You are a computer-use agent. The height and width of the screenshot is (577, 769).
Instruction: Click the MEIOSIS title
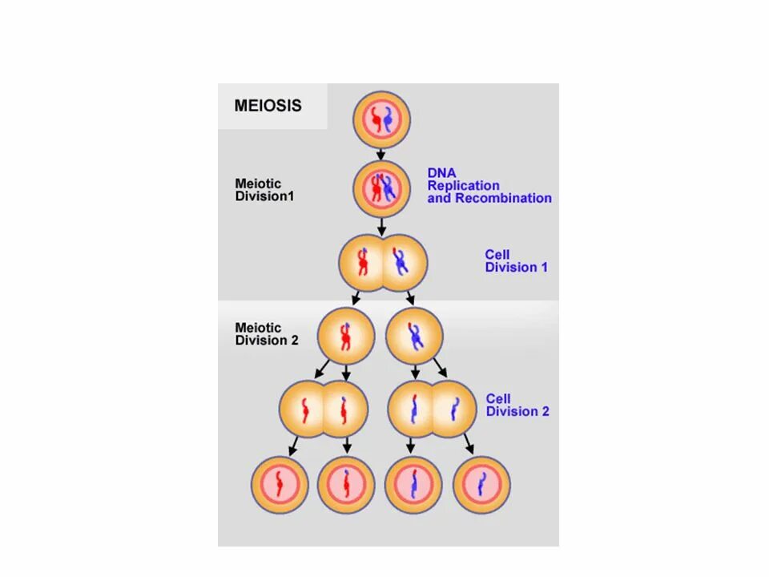point(268,106)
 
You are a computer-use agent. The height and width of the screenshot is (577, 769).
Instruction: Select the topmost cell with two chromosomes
point(381,119)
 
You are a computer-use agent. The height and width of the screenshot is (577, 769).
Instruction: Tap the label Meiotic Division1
point(264,190)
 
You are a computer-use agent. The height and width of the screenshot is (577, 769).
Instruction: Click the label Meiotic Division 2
point(267,333)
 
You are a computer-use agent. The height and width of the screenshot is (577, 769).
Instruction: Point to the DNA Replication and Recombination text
point(489,185)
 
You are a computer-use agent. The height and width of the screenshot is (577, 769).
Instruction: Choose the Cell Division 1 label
point(516,261)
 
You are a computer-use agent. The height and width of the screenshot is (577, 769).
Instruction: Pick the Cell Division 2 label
point(517,405)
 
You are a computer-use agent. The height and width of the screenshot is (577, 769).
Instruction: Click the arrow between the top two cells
point(381,152)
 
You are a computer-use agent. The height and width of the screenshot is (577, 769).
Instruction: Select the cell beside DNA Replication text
point(381,189)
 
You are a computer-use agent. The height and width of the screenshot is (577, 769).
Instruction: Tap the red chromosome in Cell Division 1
point(362,262)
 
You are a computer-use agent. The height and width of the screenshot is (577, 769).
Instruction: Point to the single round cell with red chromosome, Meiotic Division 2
point(345,336)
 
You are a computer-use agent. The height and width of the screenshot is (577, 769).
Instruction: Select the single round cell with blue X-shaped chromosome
point(414,336)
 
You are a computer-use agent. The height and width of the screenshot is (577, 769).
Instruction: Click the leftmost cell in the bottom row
point(280,485)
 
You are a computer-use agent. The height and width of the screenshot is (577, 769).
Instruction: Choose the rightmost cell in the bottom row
point(482,485)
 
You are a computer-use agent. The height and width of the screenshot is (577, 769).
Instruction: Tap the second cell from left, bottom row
point(346,485)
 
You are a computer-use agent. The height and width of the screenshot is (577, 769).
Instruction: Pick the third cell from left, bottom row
point(413,485)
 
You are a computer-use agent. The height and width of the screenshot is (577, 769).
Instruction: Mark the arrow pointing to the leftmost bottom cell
point(293,446)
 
